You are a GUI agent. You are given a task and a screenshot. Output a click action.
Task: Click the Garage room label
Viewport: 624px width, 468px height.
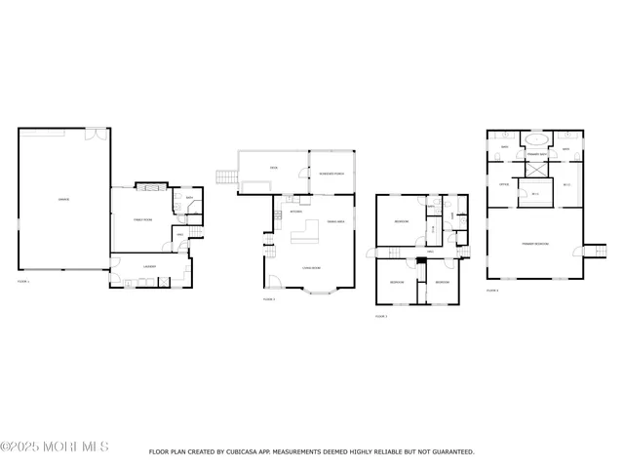[62, 200]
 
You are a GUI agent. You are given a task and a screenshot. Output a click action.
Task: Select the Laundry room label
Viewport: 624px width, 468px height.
[149, 265]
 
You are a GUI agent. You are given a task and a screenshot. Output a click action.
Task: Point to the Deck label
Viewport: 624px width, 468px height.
[274, 169]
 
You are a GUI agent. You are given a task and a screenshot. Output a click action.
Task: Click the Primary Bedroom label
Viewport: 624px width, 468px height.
[534, 242]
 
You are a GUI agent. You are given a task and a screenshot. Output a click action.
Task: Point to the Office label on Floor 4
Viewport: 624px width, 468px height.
[504, 183]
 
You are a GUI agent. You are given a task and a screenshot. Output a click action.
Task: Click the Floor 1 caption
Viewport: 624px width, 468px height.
[23, 281]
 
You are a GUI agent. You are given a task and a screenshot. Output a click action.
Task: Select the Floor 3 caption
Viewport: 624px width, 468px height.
[381, 316]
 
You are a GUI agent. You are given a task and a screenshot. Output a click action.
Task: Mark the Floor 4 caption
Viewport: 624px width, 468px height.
[492, 290]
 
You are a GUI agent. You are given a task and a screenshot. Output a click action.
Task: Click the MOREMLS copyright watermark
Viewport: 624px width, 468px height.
[55, 447]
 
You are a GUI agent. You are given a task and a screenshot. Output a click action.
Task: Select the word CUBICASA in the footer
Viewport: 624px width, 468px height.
[249, 451]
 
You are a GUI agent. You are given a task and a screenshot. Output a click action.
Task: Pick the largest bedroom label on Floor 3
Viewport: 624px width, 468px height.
[401, 222]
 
